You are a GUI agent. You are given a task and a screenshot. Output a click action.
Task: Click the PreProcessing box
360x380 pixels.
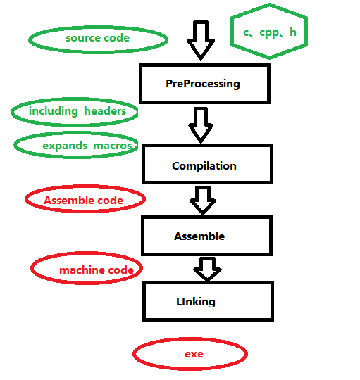pos(203,84)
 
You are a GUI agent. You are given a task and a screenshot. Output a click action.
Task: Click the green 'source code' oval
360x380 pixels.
pos(98,38)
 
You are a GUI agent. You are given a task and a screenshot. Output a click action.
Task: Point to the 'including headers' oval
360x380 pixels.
pos(75,111)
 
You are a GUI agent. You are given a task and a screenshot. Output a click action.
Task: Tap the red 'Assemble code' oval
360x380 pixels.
pos(85,201)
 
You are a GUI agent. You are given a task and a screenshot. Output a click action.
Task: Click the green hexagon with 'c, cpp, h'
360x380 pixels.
pos(270,32)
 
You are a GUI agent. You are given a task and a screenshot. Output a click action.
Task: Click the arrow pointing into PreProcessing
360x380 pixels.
pos(201,41)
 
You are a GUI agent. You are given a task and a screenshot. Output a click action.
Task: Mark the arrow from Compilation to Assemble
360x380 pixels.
pos(203,200)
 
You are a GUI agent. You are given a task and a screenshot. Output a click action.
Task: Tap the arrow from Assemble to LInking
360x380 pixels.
pos(207,269)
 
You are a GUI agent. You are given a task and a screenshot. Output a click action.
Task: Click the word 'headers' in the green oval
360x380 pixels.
pos(105,111)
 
